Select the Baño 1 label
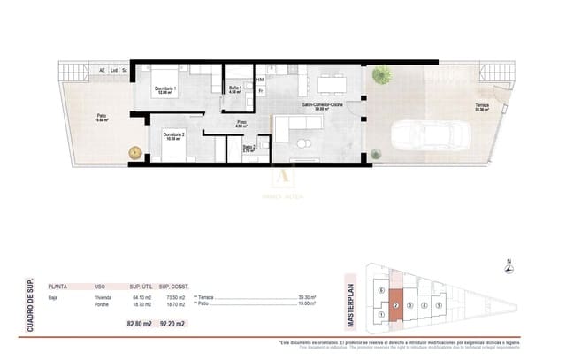tap(235, 88)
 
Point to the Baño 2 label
tap(249, 148)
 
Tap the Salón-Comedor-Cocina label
tap(323, 105)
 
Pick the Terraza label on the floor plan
tap(482, 107)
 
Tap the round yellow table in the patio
tap(135, 151)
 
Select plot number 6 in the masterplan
tap(380, 290)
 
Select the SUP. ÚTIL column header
tap(141, 287)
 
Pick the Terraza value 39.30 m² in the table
tap(307, 297)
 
